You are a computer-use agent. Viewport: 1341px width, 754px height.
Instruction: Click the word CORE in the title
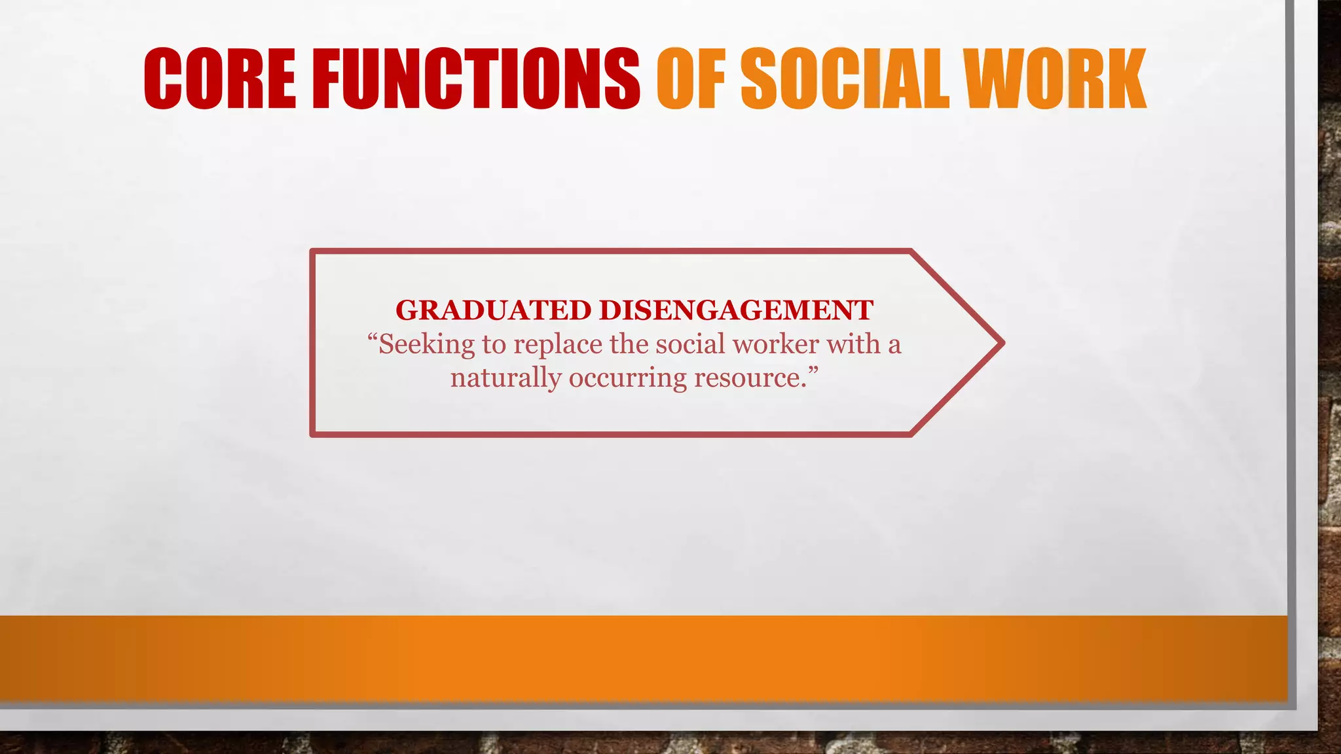tap(219, 79)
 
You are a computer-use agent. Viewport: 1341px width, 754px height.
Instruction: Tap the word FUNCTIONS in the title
tap(477, 79)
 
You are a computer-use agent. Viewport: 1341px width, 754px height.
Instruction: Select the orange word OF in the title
tap(691, 79)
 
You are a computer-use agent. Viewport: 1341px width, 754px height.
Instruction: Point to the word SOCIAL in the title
tap(845, 79)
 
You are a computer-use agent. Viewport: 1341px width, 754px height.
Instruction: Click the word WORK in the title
tap(1054, 79)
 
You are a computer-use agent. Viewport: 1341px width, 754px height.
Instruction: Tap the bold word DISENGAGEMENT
tap(736, 310)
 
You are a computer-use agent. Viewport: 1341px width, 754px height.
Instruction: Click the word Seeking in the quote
tap(426, 344)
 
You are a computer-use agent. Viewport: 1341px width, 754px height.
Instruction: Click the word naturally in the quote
tap(505, 378)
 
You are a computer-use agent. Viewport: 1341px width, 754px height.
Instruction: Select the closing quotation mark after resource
tap(813, 370)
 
